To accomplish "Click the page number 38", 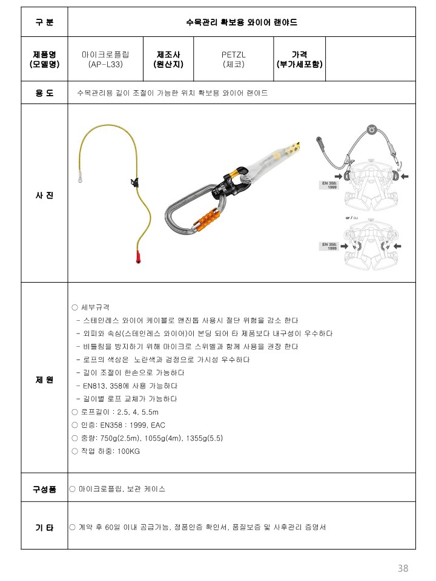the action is [403, 568].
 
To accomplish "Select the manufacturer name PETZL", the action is [234, 54].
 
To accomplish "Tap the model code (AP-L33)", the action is [105, 64].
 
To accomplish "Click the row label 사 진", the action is [44, 195].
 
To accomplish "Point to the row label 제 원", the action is [44, 380].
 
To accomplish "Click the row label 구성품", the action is [44, 489].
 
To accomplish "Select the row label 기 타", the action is [44, 527].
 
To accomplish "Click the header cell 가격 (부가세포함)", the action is [300, 59].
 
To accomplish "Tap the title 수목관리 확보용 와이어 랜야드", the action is [242, 22].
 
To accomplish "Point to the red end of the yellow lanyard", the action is [139, 257].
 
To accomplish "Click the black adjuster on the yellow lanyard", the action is [134, 182].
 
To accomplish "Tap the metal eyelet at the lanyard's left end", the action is [80, 179].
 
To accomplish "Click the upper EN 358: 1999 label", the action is [329, 185].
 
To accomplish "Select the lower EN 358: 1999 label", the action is [329, 246].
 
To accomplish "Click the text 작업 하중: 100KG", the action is [110, 451].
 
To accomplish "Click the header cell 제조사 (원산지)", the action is [168, 59].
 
